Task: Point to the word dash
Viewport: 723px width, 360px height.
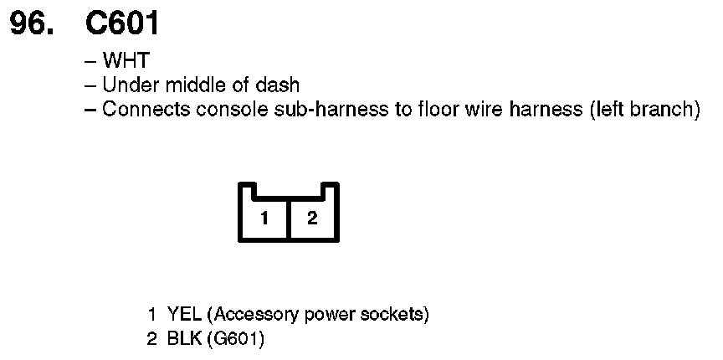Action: click(x=279, y=85)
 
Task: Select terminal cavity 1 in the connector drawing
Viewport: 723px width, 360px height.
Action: click(x=264, y=219)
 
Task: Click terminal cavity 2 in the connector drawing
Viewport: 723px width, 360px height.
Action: click(x=312, y=219)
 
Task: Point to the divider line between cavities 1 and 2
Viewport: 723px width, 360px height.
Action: click(x=289, y=219)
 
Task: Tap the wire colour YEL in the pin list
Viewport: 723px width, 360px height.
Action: click(x=183, y=315)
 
